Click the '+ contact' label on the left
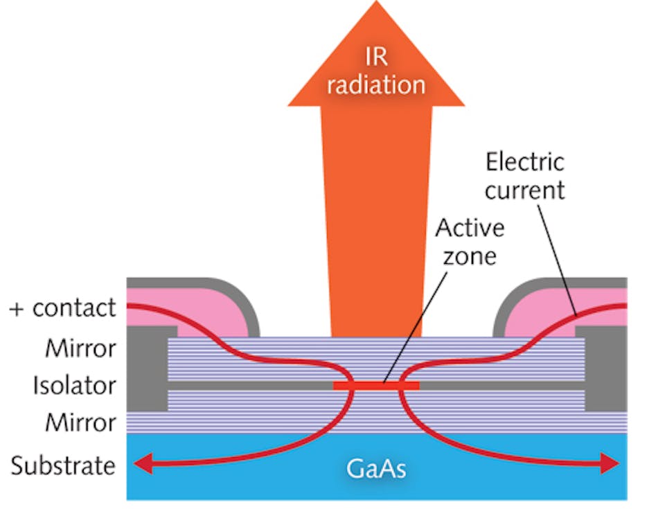(63, 308)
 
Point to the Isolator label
(74, 385)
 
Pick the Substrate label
(63, 465)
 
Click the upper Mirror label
(80, 347)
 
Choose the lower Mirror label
(80, 422)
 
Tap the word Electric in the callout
(525, 163)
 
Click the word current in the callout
(525, 190)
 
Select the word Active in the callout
(469, 229)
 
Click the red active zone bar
(376, 385)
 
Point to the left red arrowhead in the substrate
(142, 465)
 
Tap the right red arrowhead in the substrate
(610, 463)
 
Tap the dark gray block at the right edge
(606, 367)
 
